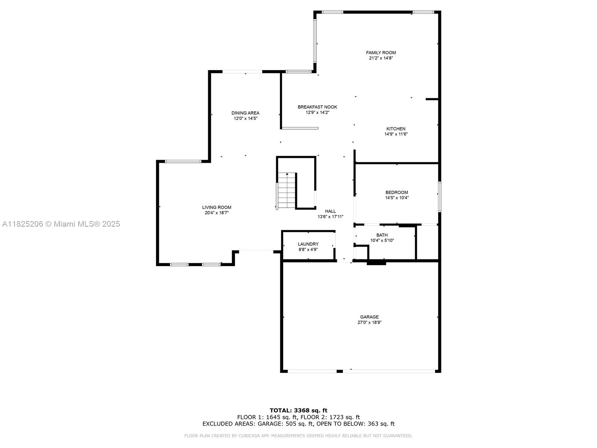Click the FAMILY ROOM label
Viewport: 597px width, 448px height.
coord(381,53)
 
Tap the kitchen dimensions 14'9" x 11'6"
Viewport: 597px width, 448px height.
coord(396,134)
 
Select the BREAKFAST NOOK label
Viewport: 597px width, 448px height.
coord(318,107)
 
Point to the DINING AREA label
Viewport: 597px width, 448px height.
coord(245,113)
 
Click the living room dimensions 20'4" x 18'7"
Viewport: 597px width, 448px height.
coord(216,213)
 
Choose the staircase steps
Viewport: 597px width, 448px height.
coord(287,191)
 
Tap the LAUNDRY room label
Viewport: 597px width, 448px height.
coord(308,244)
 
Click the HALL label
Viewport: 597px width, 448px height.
coord(331,211)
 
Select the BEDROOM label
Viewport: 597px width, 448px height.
coord(397,193)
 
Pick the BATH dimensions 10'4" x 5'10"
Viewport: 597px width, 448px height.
coord(382,240)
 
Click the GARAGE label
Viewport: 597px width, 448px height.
coord(369,317)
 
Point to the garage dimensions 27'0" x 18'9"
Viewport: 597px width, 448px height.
coord(369,323)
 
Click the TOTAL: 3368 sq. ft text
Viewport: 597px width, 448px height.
coord(298,410)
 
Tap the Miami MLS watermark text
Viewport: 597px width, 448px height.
coord(61,224)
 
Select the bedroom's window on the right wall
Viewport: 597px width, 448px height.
coord(440,197)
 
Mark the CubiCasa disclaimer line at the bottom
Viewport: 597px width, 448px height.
coord(298,436)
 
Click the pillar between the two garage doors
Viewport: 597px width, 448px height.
coord(340,371)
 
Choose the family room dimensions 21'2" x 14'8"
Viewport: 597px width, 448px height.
coord(381,58)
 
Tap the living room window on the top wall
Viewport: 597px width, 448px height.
coord(183,161)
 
